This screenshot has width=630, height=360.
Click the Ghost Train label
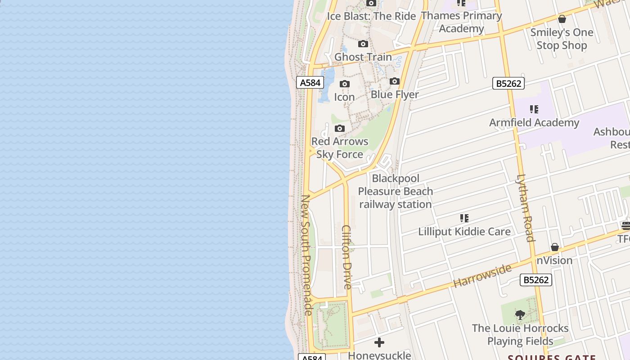363,57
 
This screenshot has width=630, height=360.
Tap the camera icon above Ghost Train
363,44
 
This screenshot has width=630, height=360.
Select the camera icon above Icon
345,84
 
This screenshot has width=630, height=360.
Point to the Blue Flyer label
395,94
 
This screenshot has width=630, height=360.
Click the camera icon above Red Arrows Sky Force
340,129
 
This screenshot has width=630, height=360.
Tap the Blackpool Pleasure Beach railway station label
396,191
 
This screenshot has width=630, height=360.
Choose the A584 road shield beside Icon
310,82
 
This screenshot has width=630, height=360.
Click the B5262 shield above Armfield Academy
508,83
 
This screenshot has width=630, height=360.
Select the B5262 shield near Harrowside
535,280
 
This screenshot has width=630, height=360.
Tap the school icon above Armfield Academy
534,109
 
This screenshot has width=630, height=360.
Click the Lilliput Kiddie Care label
464,232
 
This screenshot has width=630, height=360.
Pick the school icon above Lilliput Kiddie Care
464,219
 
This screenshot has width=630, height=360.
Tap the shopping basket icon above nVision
555,247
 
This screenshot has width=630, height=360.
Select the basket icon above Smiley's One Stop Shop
562,19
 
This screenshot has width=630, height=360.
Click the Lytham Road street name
525,208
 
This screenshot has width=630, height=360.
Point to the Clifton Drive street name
346,257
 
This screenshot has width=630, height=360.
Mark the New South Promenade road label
306,255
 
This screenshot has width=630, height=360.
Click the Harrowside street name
482,275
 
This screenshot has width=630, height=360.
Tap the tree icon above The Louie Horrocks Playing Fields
520,315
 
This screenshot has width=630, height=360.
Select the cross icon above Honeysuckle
379,342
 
